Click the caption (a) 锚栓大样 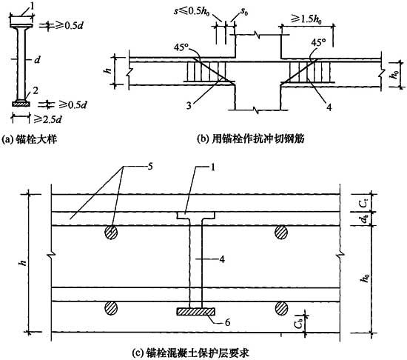pos(29,139)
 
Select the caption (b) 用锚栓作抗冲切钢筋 pos(251,139)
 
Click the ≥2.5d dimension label pos(47,119)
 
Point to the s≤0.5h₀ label pos(192,12)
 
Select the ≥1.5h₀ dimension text pos(306,19)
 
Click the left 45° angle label pos(182,47)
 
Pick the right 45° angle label pos(318,42)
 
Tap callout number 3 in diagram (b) pos(189,106)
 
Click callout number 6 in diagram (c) pos(227,322)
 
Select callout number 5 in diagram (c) pos(149,166)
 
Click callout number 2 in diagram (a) pos(36,90)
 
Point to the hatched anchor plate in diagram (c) pos(196,311)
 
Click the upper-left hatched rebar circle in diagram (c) pos(111,232)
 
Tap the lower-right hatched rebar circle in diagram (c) pos(281,308)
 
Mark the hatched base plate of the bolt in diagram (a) pos(21,104)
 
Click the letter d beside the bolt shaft pos(38,60)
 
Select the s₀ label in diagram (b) pos(243,12)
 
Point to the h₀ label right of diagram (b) pos(395,74)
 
